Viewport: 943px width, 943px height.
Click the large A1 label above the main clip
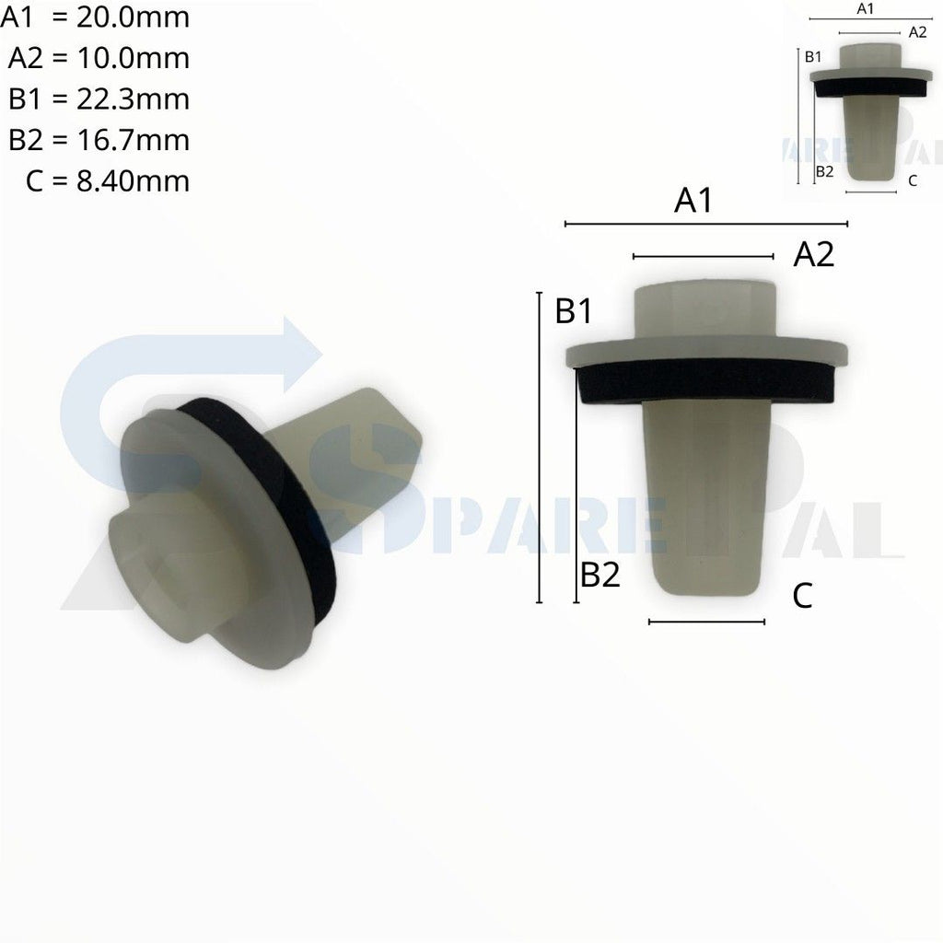click(693, 201)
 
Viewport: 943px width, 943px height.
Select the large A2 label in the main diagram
click(814, 255)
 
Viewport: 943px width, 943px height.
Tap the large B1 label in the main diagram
click(573, 312)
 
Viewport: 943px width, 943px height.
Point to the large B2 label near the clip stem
click(600, 576)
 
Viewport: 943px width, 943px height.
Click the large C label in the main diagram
click(802, 597)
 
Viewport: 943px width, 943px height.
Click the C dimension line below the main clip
click(706, 622)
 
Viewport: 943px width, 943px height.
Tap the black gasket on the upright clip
click(705, 380)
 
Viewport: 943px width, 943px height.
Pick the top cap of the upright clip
click(705, 310)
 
